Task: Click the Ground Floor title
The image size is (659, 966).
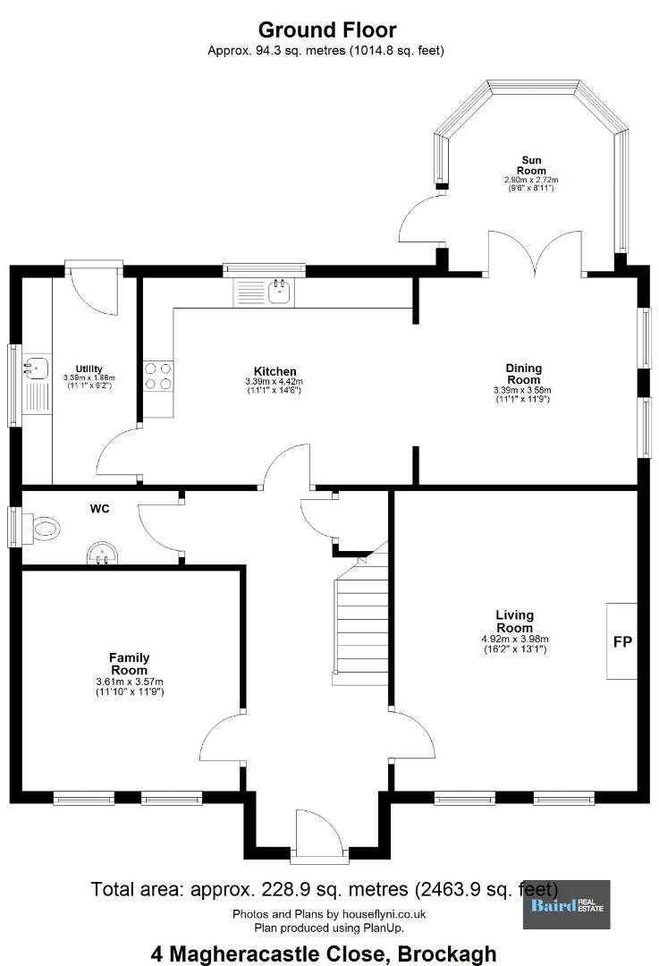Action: [x=327, y=30]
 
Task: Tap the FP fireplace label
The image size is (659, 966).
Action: [x=622, y=642]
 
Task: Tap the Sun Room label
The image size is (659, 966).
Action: [x=531, y=165]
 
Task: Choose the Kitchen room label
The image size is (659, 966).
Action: [x=275, y=371]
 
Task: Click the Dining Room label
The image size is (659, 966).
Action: [x=523, y=374]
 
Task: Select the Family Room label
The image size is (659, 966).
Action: [x=130, y=664]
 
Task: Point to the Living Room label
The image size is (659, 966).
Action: [x=515, y=621]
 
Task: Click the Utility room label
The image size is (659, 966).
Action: [x=89, y=369]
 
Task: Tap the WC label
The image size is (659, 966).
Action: [x=100, y=509]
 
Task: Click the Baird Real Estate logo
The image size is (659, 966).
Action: [x=567, y=904]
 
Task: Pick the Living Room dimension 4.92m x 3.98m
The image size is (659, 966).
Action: [x=515, y=639]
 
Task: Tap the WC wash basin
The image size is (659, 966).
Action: [x=101, y=553]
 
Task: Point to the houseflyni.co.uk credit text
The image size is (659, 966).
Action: [x=329, y=914]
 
